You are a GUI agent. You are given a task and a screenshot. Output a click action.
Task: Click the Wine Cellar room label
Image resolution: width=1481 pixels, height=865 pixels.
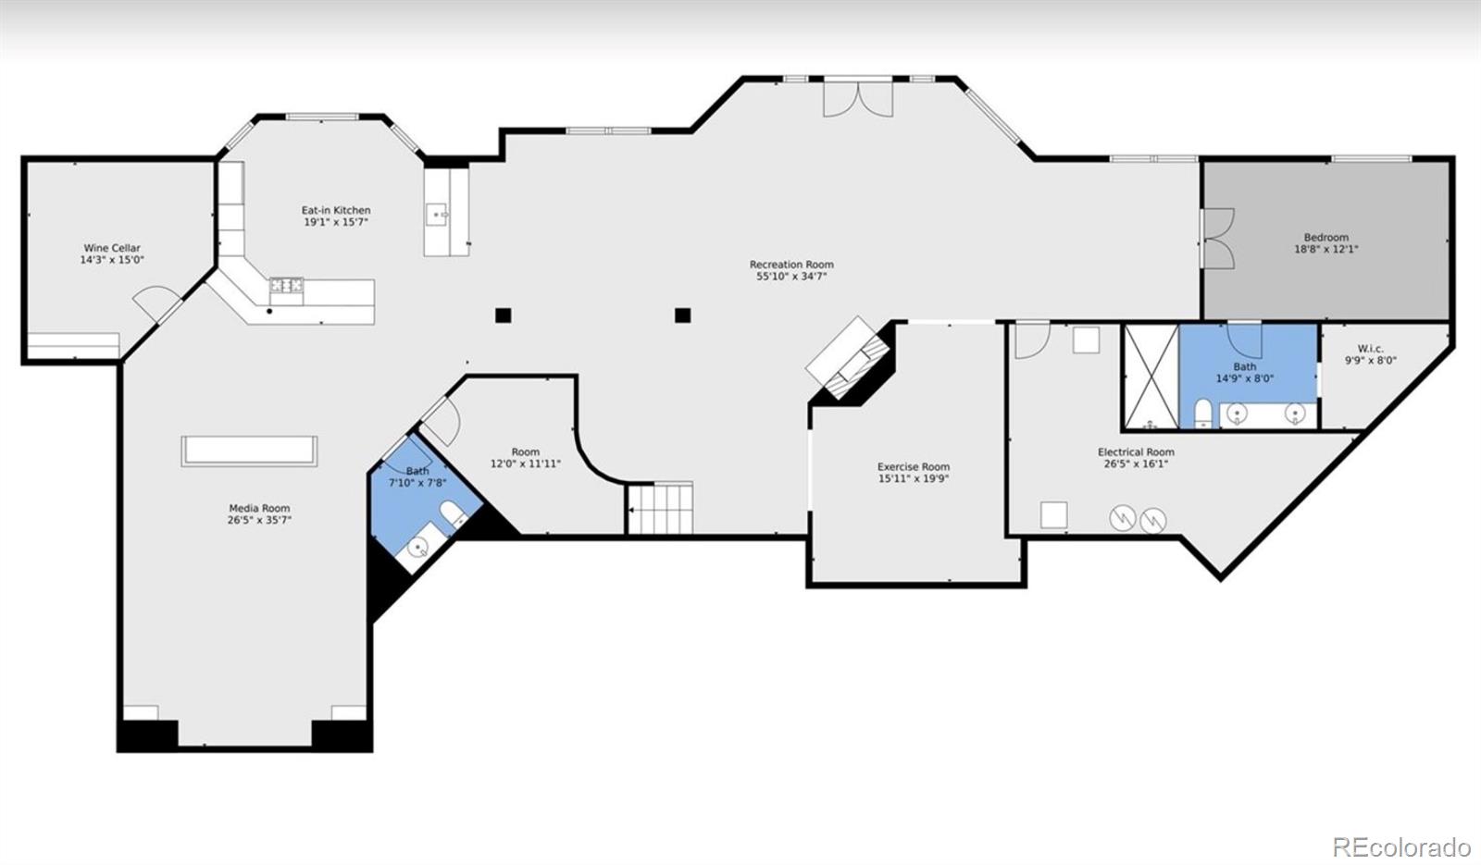tap(112, 249)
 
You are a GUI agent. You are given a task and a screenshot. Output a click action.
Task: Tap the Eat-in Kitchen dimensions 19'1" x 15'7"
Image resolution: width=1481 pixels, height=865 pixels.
tap(336, 222)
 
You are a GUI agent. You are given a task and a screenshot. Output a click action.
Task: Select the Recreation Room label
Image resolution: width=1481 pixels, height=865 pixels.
tap(791, 265)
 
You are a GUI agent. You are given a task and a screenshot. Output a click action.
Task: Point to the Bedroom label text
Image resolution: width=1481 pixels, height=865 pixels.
tap(1326, 237)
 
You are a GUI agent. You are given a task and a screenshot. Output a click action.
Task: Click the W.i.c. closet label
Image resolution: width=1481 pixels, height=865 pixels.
tap(1371, 348)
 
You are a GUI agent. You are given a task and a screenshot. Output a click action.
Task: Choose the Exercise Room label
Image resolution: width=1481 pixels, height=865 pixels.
tap(913, 466)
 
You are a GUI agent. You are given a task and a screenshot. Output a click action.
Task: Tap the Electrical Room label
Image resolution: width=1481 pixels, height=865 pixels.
tap(1136, 452)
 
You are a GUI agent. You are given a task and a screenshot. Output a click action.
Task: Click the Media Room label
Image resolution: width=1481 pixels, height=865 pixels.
tap(259, 508)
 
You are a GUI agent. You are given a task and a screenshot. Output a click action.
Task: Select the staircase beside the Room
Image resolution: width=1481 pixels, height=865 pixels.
tap(660, 508)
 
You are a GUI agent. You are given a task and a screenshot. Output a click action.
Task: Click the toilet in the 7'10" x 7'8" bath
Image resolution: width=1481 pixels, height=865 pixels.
tap(453, 513)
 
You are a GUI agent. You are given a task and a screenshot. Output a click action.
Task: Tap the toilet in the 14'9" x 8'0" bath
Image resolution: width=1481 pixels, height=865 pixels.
tap(1202, 413)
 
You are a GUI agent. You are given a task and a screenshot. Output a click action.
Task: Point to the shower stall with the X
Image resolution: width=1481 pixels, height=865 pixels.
tap(1151, 377)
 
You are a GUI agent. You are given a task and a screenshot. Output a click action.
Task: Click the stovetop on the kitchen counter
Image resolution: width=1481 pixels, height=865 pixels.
tap(286, 286)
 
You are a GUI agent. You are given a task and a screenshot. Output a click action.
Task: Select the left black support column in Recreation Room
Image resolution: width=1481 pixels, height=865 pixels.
tap(504, 315)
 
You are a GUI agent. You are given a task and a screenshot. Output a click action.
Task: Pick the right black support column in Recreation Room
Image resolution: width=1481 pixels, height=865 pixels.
tap(683, 315)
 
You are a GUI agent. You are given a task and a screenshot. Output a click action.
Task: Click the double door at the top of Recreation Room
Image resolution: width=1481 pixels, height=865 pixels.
tap(858, 98)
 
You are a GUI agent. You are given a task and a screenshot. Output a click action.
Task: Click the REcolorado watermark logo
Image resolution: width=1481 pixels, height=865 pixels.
tap(1401, 846)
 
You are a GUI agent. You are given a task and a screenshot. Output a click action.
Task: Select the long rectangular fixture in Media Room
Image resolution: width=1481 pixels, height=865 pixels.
tap(249, 451)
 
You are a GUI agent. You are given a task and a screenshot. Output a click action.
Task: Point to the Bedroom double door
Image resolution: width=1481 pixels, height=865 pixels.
tap(1216, 239)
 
